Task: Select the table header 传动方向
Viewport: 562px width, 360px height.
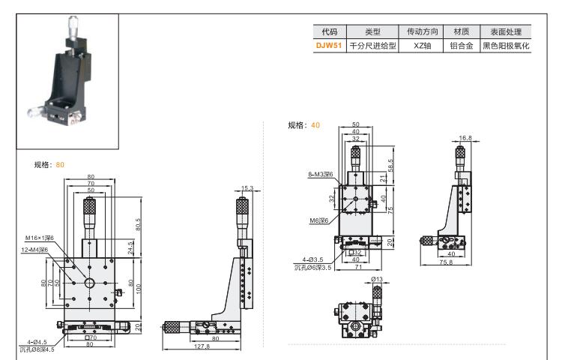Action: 420,32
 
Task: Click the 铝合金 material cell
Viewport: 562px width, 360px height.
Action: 461,46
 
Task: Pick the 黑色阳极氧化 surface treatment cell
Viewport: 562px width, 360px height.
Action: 506,46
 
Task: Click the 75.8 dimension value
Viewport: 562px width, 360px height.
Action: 445,262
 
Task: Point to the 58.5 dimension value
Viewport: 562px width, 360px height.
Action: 390,163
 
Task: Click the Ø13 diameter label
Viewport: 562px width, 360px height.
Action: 377,280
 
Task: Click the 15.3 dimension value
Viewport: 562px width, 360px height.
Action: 247,188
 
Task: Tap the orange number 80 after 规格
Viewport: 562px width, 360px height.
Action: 60,164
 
